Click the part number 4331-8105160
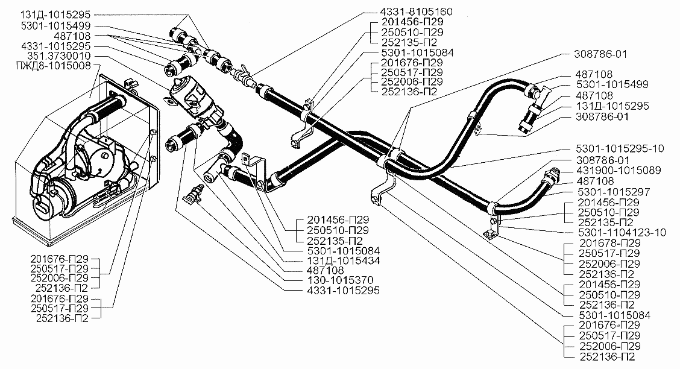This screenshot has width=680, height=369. pos(416,11)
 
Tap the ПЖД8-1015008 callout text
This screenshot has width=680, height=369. pos(53,66)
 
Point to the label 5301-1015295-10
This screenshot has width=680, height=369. pos(620,149)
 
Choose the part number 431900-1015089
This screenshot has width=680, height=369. pos(619,171)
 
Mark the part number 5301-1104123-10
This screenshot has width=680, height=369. pos(622,233)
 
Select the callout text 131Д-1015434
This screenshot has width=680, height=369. pos(343,260)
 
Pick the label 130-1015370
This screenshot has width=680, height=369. pos(340,280)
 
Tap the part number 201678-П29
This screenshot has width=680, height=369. pos(609,243)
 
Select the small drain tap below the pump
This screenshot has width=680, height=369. pos(192,194)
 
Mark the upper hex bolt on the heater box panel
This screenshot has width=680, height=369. pos(153,131)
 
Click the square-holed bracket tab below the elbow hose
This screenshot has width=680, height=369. pos(247,160)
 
